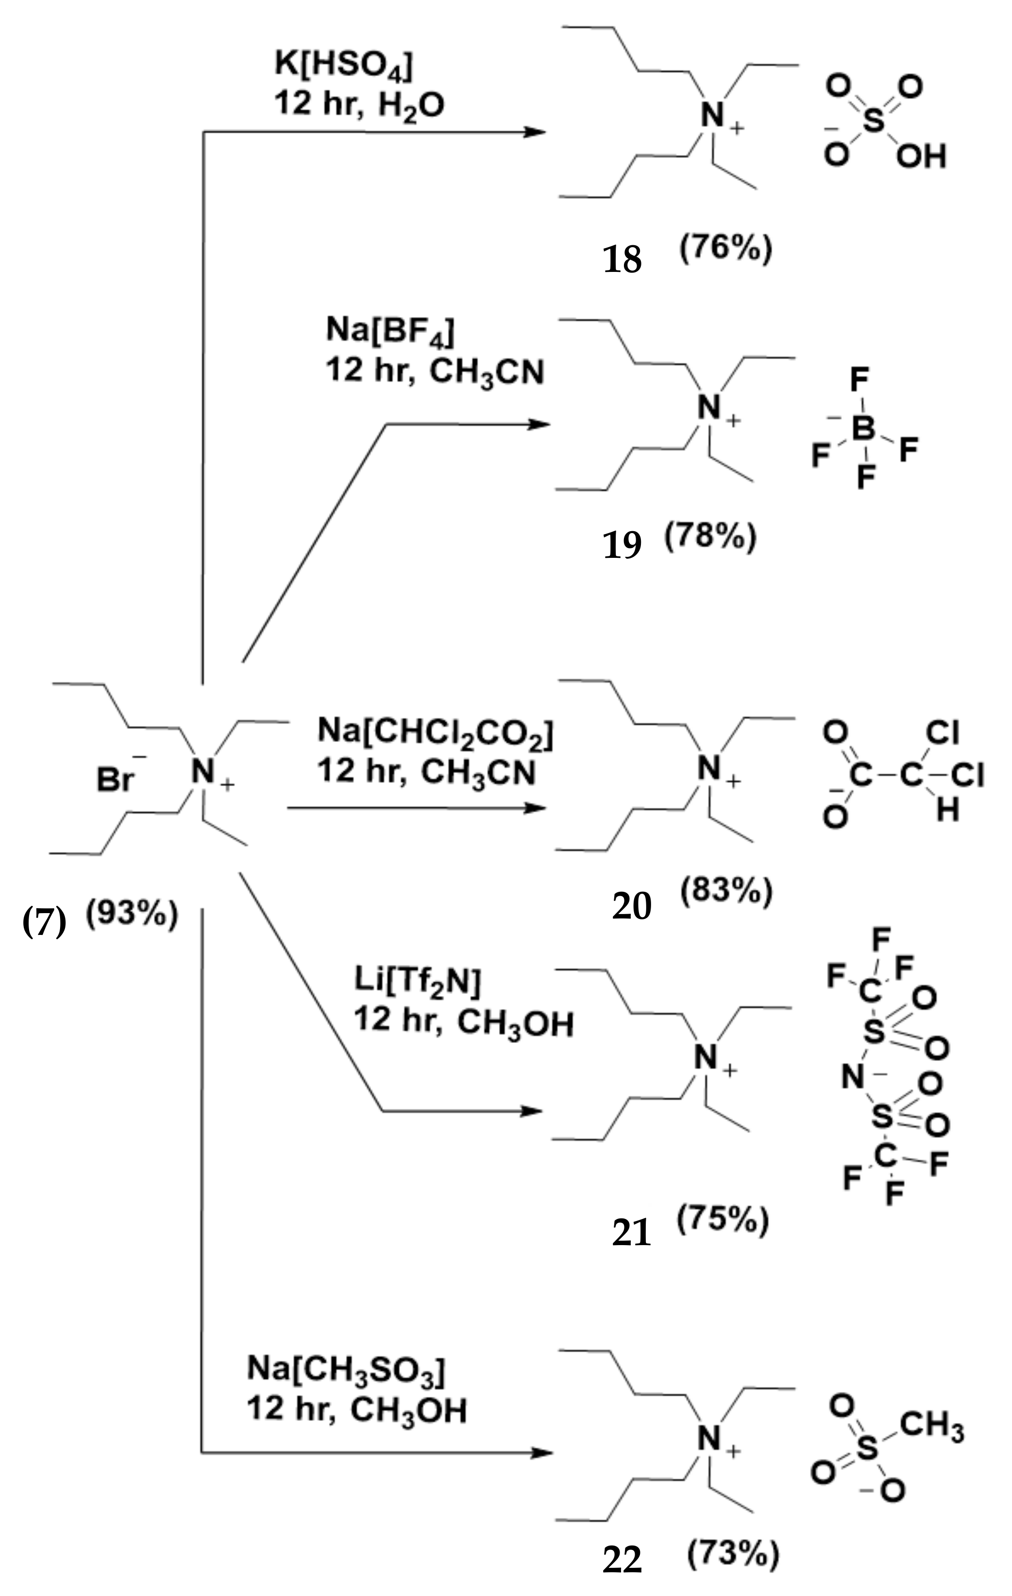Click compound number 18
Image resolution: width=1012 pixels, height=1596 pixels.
pos(622,258)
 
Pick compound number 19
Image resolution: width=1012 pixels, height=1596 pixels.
pos(622,545)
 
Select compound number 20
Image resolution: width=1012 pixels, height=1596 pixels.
pos(631,905)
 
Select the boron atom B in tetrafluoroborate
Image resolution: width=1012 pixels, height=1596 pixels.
pos(863,429)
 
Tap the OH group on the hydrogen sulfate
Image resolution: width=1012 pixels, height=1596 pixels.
pos(920,157)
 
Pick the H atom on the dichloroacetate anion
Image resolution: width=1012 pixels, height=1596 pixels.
pos(948,810)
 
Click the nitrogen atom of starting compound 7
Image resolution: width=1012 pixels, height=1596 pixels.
pos(204,771)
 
